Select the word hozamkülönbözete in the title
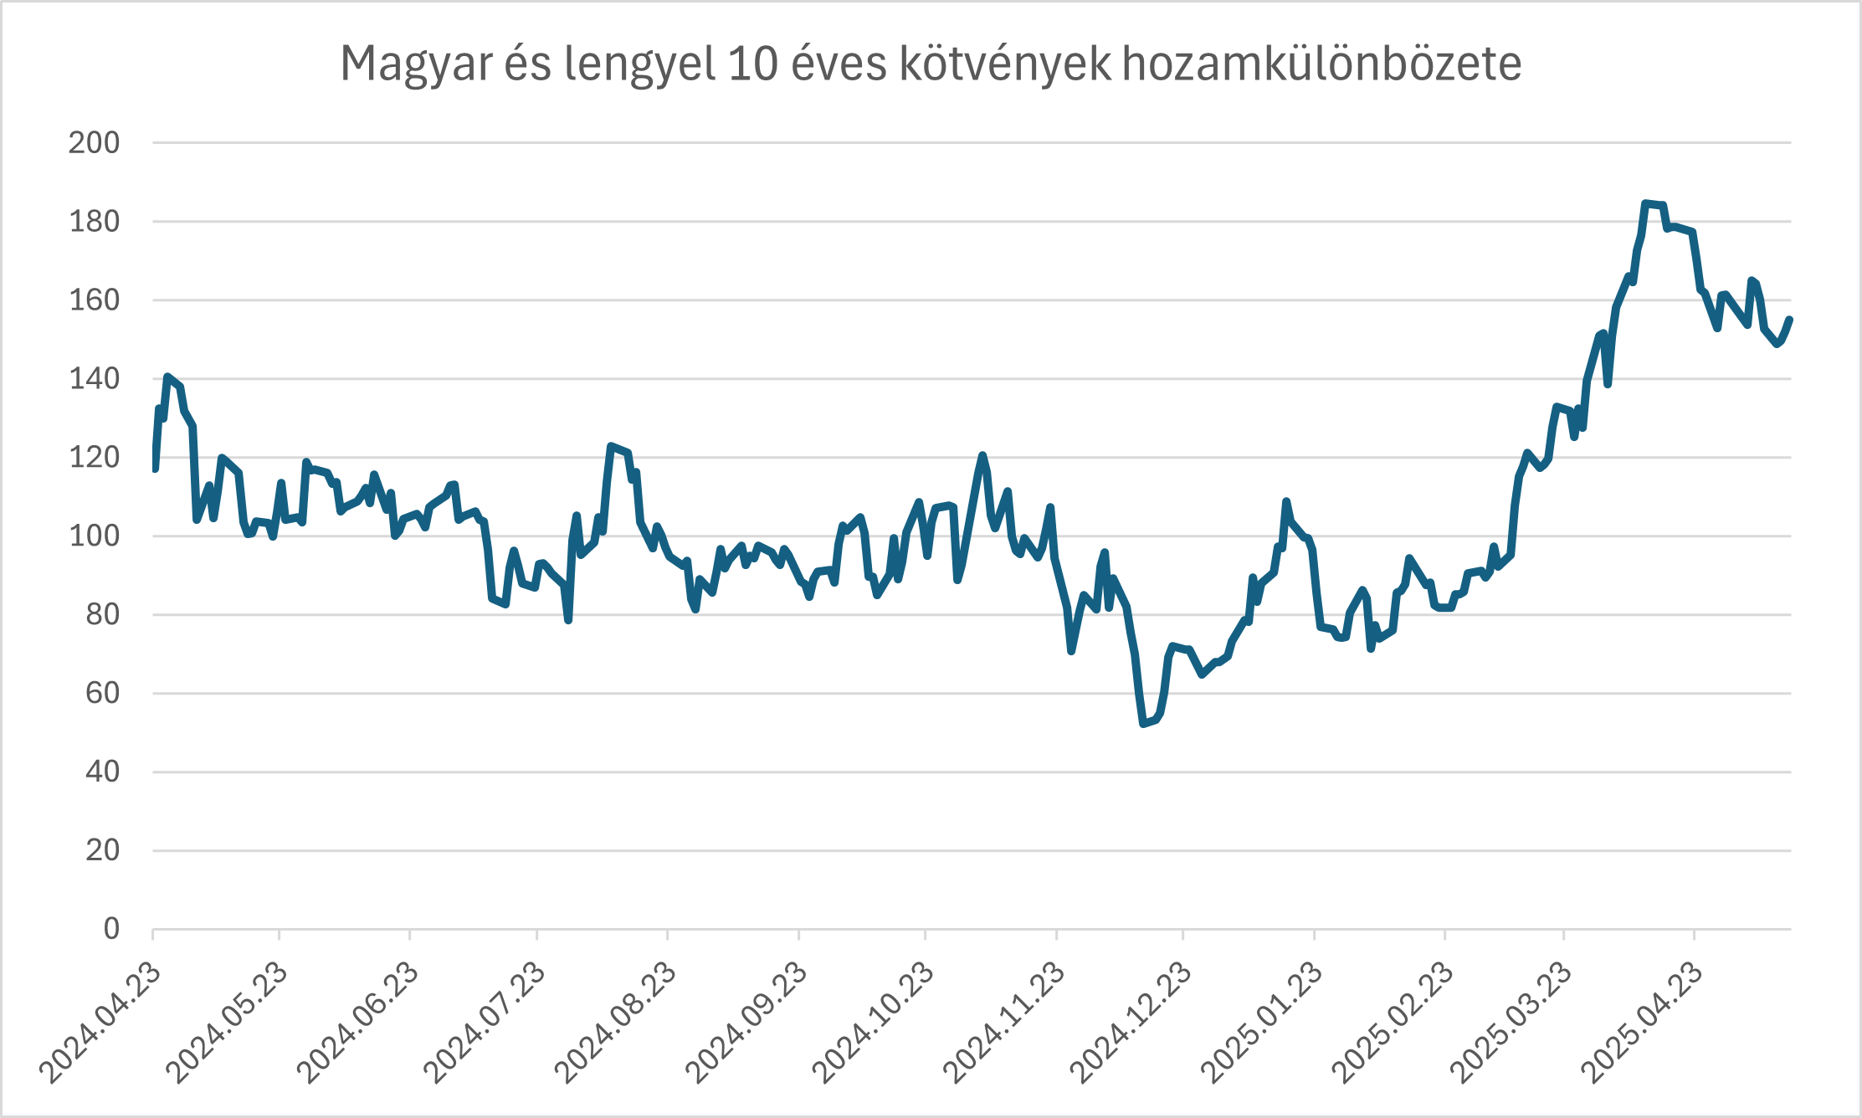(1321, 64)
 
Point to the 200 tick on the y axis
(94, 143)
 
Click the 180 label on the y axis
(94, 222)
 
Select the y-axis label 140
(94, 379)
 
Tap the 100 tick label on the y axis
(94, 536)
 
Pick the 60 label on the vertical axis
(102, 694)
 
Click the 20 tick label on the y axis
(102, 851)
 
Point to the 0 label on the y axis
(111, 929)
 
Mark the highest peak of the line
(1645, 203)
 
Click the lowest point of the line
(1143, 724)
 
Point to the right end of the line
(1790, 319)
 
